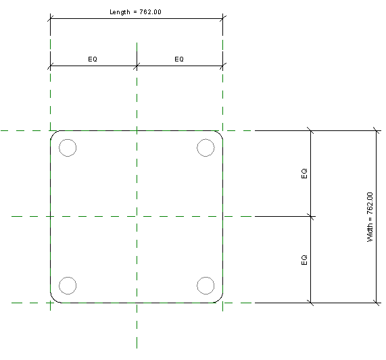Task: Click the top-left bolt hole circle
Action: coord(59,148)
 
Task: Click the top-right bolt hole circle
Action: coord(197,148)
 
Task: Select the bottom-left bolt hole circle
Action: coord(59,286)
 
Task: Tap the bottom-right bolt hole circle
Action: coord(197,286)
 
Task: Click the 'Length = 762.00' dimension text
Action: coord(135,12)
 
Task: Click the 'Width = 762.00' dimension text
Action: coord(370,217)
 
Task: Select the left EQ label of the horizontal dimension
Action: coord(93,59)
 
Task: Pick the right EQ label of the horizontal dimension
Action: coord(179,59)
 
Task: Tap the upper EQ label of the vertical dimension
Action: coord(304,174)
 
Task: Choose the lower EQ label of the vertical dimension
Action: coord(304,260)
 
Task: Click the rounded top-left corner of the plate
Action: coord(53,133)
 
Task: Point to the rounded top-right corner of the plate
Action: coord(220,133)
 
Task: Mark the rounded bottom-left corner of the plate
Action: coord(53,300)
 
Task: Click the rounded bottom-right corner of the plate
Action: coord(220,300)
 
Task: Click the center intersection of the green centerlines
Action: coord(137,216)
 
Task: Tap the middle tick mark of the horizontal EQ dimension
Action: coord(137,66)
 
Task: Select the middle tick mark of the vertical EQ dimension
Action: coord(311,216)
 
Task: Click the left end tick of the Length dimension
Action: coord(51,18)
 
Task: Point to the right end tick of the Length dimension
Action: coord(223,18)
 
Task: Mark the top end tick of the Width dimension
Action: coord(377,130)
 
